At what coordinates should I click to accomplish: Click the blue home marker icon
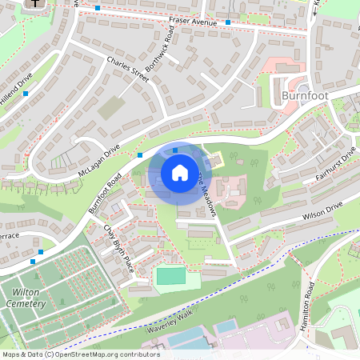[x=179, y=173]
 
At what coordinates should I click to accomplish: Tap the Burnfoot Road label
[x=106, y=193]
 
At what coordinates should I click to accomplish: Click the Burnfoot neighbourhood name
[x=306, y=97]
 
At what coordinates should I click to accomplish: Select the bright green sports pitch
[x=170, y=276]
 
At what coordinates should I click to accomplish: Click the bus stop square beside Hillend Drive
[x=26, y=94]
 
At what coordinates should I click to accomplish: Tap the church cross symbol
[x=36, y=4]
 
